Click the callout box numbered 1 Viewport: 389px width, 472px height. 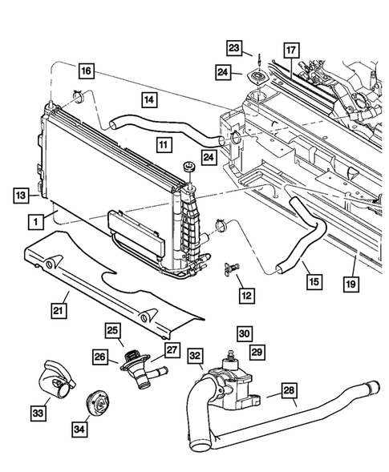(34, 218)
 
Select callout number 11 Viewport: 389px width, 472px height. (164, 146)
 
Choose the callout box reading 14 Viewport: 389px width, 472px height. (148, 100)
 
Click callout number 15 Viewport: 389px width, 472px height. (314, 281)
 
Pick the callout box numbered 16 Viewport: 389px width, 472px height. (87, 71)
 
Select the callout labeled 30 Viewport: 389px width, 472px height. (243, 331)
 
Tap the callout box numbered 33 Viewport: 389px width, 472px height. (35, 414)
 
